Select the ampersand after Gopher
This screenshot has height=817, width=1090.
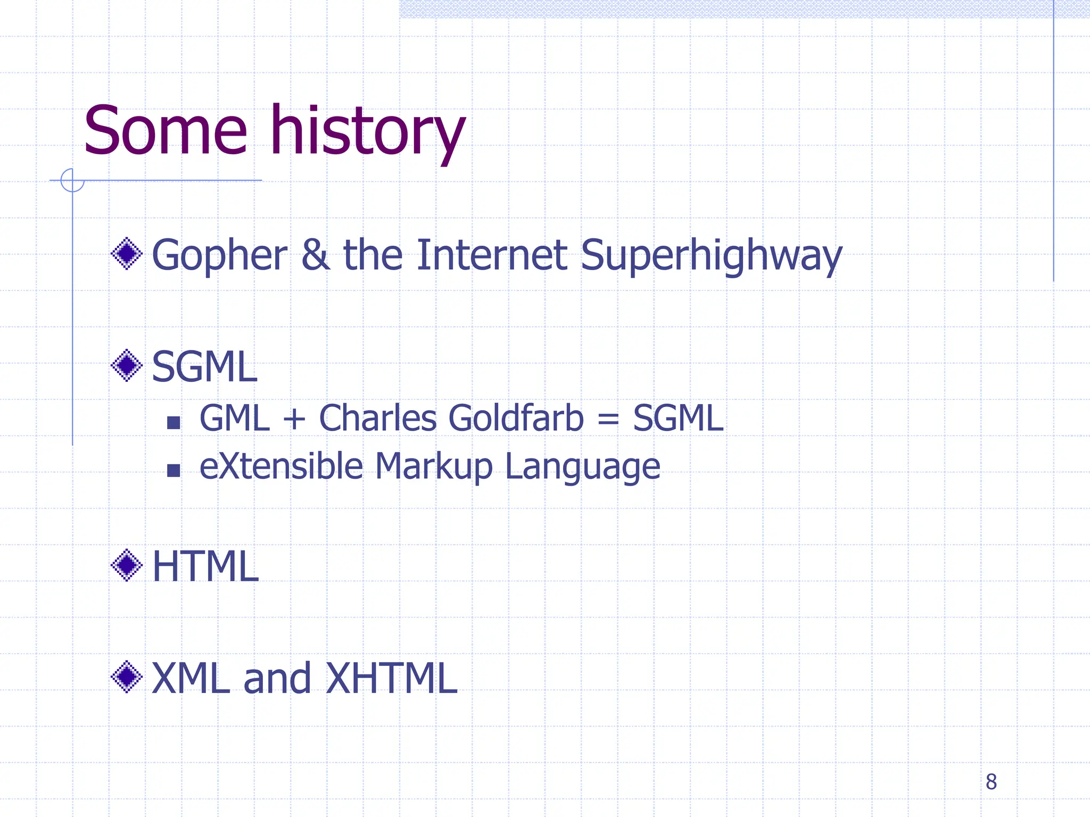(315, 255)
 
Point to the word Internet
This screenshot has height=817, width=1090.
(492, 255)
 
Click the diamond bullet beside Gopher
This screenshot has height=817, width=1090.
(127, 254)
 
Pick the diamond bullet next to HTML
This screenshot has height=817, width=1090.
(127, 565)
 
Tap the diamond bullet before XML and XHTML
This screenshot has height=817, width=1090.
(127, 677)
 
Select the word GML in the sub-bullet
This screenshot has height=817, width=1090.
(235, 418)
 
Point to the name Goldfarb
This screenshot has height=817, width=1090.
(516, 418)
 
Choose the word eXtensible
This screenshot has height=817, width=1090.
(281, 466)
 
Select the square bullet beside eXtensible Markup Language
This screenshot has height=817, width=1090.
(174, 470)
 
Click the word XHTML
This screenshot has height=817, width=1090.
(391, 679)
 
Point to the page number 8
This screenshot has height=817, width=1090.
(991, 781)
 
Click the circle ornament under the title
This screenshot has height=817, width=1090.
(72, 180)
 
